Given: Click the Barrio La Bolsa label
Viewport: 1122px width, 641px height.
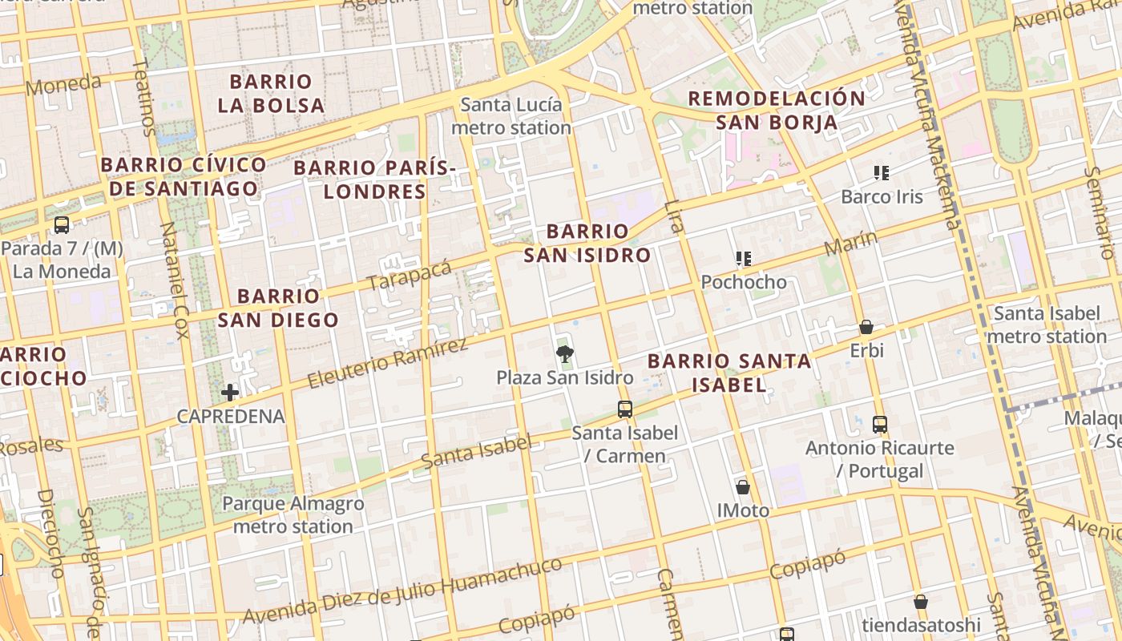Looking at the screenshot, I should tap(271, 94).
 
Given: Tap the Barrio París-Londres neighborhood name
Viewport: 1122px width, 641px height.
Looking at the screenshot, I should tap(374, 179).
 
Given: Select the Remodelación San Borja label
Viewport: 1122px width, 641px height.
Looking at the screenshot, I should tap(777, 111).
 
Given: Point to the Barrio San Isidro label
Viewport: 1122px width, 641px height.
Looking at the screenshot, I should tap(587, 244).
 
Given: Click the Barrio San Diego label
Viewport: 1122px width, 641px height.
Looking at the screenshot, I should tap(278, 308).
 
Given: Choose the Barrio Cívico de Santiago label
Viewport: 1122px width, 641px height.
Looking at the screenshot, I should tap(184, 177).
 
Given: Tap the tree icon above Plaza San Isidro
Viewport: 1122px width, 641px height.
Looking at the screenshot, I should tap(565, 353).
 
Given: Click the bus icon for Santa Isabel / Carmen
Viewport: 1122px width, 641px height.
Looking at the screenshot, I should tap(625, 409).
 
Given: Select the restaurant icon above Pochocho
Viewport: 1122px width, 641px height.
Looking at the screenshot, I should tap(744, 259).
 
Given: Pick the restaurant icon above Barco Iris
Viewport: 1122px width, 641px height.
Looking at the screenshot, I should tap(882, 173).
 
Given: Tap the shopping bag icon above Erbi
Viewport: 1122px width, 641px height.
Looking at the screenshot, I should tap(866, 327).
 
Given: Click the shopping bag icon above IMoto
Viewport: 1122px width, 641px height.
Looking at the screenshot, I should tap(743, 487).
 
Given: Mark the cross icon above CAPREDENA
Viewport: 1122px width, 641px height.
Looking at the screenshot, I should tap(230, 393).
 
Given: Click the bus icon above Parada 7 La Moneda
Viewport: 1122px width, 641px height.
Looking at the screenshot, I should tap(62, 225).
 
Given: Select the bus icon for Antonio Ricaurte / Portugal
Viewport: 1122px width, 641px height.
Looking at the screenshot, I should tap(880, 425).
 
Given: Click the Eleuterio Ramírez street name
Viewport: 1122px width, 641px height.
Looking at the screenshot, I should tap(387, 363).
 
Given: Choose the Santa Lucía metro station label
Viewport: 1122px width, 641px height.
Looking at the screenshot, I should tap(511, 116).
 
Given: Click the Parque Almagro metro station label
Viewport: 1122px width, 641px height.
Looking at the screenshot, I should tap(293, 515).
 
